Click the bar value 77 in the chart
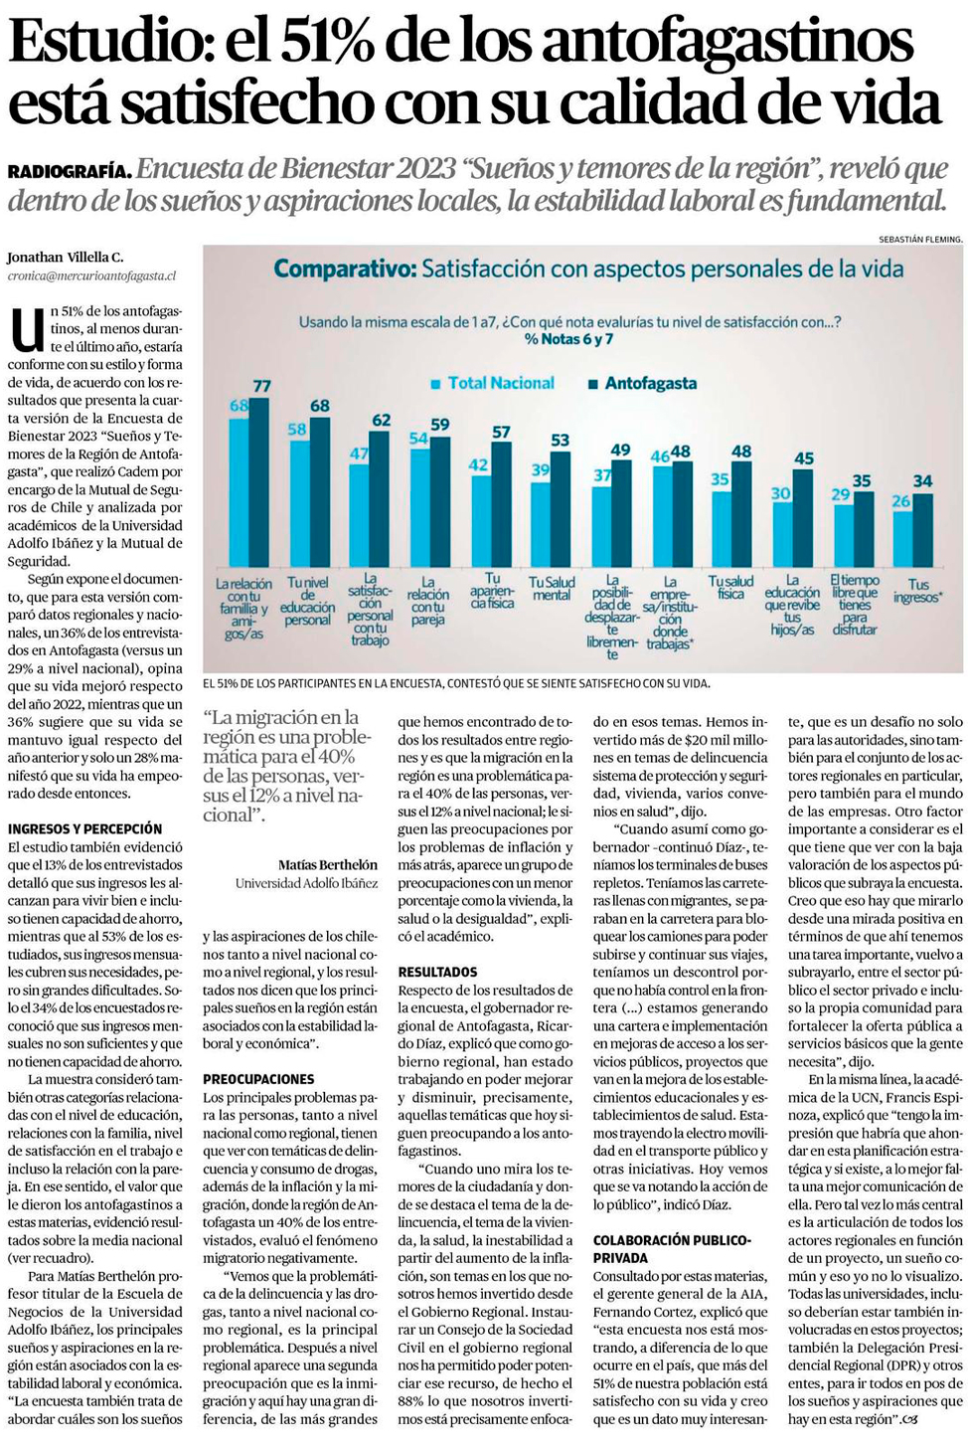(x=261, y=386)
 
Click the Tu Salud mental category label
(x=552, y=588)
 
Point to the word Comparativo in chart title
(x=345, y=269)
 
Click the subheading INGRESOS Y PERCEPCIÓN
(x=84, y=828)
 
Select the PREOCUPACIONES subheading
(x=258, y=1079)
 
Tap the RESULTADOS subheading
(x=437, y=972)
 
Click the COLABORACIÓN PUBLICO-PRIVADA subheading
(x=672, y=1248)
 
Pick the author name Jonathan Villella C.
(x=66, y=258)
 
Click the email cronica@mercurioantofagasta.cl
(x=91, y=275)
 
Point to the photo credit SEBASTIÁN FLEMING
(x=920, y=239)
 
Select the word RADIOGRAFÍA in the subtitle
(x=70, y=171)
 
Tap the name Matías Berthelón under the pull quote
(x=327, y=864)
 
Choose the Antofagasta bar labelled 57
(x=501, y=503)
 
